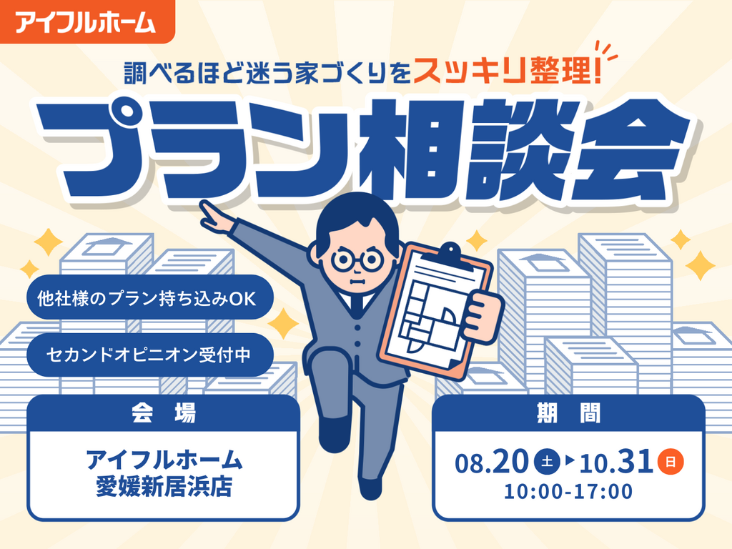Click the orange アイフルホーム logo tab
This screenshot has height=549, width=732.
[x=86, y=21]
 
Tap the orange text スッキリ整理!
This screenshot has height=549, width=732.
[x=507, y=72]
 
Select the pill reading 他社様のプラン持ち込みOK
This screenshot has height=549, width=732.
[x=149, y=298]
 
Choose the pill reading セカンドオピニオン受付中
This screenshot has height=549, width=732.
[x=149, y=355]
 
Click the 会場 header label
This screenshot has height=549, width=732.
[x=163, y=412]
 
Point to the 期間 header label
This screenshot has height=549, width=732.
[x=568, y=412]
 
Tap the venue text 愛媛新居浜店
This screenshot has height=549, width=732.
[x=164, y=487]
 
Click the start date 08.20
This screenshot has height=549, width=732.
[x=492, y=463]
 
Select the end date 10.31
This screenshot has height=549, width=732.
[x=616, y=463]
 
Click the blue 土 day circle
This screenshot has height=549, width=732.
[x=547, y=462]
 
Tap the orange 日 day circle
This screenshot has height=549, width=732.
[x=671, y=462]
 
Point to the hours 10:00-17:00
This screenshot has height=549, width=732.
[x=568, y=492]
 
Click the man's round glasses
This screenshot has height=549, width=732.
[x=358, y=260]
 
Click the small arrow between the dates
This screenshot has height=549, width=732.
[x=569, y=461]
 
